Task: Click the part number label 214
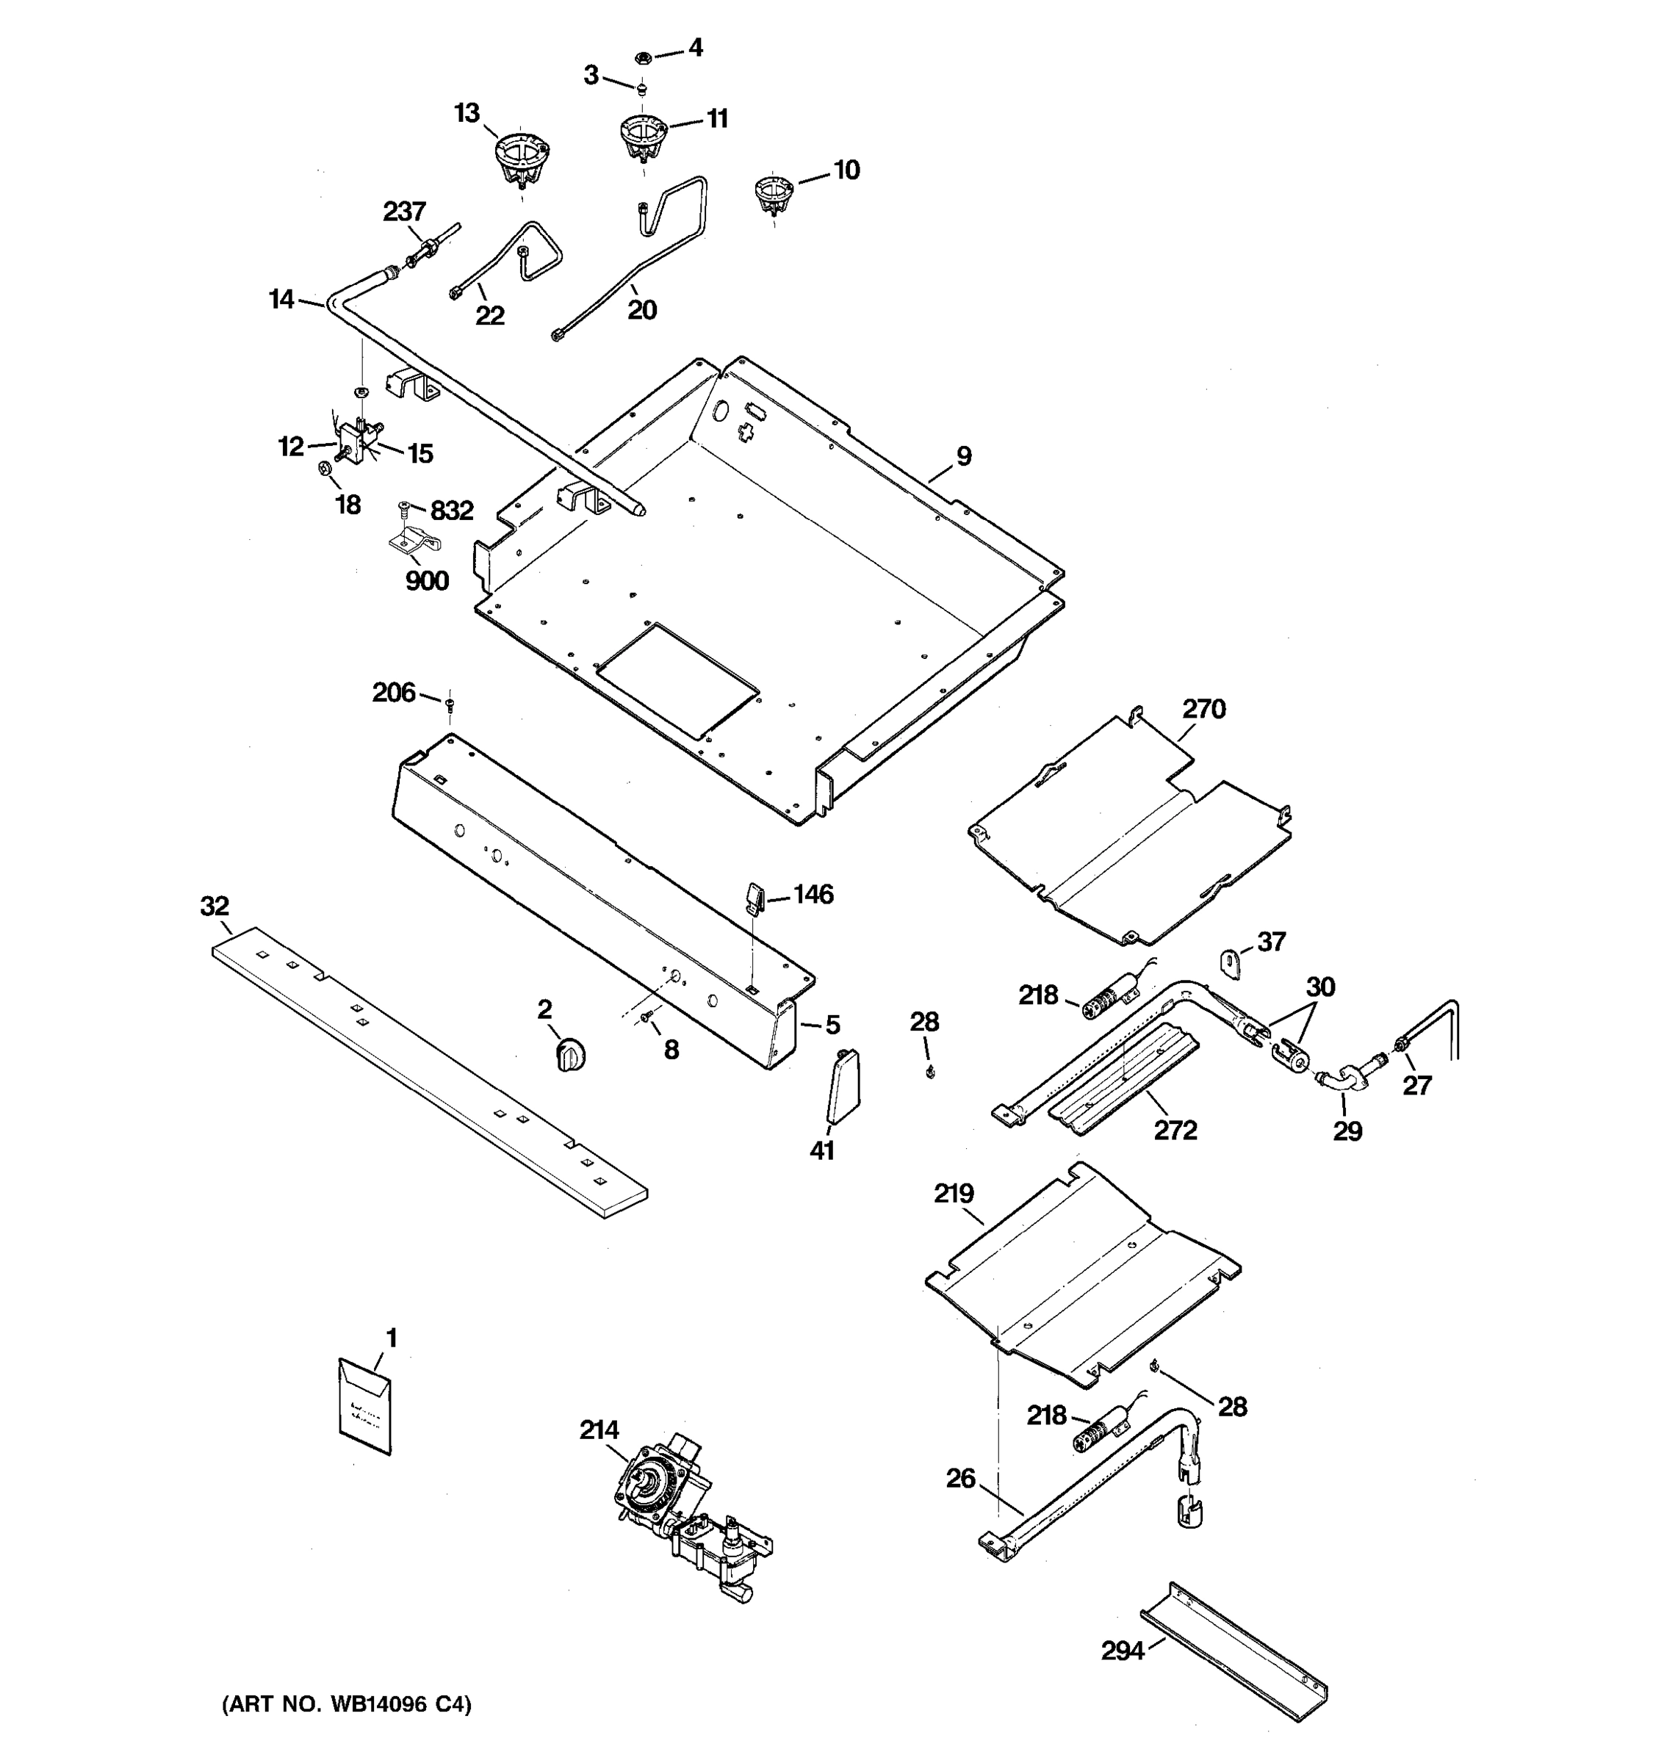point(599,1429)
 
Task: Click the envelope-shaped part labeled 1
point(364,1405)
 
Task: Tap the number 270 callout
point(1203,709)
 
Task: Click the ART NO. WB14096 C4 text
point(347,1703)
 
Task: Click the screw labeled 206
point(450,704)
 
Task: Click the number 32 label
point(215,906)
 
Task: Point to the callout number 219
point(954,1194)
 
